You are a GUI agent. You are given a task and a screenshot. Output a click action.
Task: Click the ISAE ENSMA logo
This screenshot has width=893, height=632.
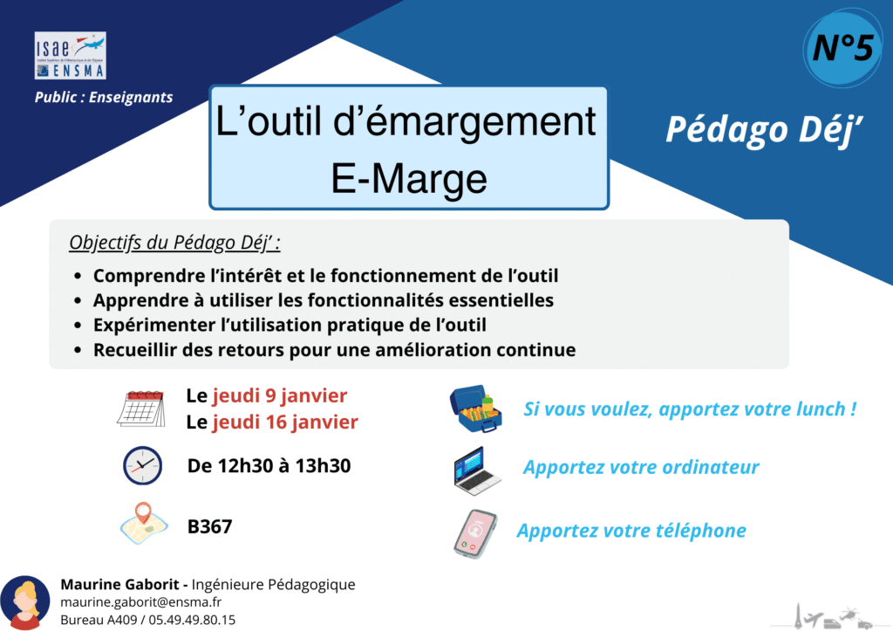(70, 55)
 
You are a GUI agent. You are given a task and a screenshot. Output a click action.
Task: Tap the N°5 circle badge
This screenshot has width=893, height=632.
(842, 48)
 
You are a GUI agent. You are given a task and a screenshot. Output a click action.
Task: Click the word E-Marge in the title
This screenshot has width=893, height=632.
(409, 179)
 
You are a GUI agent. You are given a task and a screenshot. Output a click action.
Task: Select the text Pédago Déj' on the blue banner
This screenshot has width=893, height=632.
(764, 130)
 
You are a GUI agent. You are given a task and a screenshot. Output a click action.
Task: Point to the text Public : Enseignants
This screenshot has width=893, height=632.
(104, 98)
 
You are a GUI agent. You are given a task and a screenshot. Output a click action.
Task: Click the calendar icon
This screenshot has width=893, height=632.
(141, 408)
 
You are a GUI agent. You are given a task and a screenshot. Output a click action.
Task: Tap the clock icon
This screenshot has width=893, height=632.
(142, 465)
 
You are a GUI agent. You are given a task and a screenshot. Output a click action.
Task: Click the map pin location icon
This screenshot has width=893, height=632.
(144, 523)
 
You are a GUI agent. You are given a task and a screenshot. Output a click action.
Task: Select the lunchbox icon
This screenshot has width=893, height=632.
(476, 409)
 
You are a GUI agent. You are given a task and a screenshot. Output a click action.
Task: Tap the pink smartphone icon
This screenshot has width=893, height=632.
(475, 534)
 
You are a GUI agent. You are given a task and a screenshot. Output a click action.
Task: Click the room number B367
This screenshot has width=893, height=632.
(209, 526)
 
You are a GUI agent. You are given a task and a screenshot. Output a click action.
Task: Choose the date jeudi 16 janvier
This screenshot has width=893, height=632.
(285, 422)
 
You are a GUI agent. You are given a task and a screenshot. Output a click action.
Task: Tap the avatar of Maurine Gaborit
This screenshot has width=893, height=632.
(25, 602)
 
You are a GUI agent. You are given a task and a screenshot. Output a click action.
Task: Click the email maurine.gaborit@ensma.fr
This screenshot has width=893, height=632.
(140, 601)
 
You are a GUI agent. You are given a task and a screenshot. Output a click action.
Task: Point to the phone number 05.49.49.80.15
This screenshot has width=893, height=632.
(192, 620)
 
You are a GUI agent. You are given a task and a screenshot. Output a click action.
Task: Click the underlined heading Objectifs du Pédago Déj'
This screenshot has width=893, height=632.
(174, 243)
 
